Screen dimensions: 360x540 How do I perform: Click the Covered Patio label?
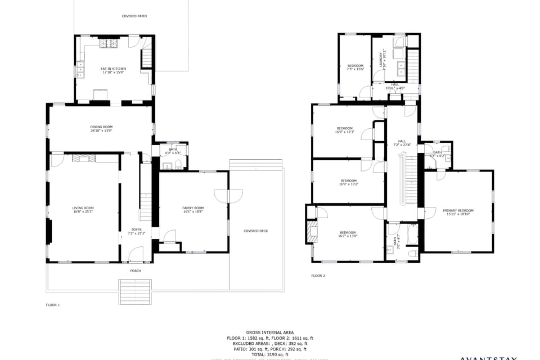tap(134, 16)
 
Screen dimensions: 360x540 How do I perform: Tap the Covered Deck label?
tap(255, 231)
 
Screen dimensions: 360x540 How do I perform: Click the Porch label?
tap(136, 271)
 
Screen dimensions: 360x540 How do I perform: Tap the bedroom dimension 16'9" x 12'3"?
tap(344, 132)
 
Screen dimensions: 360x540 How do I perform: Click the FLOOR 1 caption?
tap(53, 304)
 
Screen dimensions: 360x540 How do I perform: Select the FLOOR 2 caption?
tap(318, 276)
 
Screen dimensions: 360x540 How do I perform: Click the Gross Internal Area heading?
tap(269, 332)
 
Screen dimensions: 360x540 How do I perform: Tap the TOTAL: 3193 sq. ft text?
tap(269, 354)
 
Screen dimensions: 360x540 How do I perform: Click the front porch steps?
tap(136, 291)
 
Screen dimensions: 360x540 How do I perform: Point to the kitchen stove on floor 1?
tap(108, 43)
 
